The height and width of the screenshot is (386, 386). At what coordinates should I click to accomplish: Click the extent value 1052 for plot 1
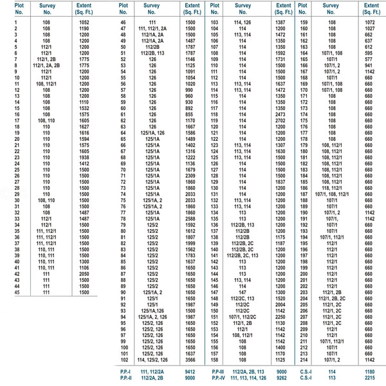tap(84, 23)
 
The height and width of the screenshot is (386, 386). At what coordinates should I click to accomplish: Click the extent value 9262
tap(280, 378)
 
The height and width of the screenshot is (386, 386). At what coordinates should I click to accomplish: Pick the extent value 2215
tap(369, 378)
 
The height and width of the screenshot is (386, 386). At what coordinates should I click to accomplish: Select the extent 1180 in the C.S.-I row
tap(369, 371)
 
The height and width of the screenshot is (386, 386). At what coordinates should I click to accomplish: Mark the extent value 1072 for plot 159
tap(369, 23)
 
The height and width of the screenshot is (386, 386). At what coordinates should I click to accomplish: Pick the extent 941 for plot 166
tap(369, 64)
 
